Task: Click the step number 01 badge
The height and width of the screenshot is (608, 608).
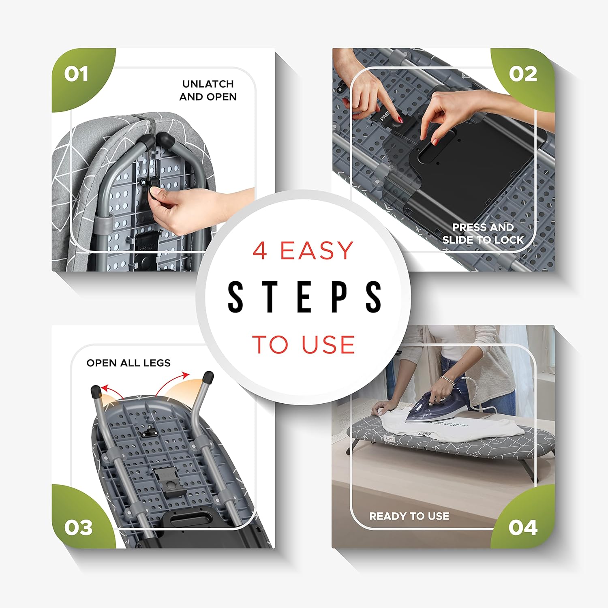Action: tap(76, 75)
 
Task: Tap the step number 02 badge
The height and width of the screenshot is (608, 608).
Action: tap(523, 75)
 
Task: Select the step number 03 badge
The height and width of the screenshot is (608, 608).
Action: tap(78, 528)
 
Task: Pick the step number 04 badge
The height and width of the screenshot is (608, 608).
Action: tap(523, 528)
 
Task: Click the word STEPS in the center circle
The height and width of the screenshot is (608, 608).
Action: tap(304, 297)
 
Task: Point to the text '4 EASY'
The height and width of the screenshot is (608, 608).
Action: tap(303, 250)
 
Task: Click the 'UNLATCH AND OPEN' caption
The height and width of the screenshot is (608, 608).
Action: tap(208, 90)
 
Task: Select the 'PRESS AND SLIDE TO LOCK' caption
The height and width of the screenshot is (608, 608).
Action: tap(483, 233)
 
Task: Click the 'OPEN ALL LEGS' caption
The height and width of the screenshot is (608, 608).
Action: tap(128, 363)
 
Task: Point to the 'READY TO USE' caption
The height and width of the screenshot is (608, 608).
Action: tap(409, 516)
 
